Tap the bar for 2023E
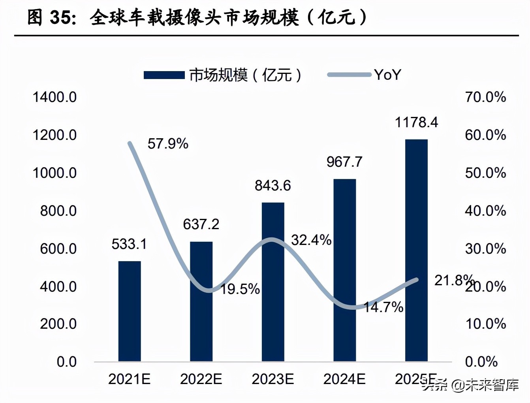click(x=273, y=282)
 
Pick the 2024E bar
click(x=344, y=270)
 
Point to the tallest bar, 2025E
click(x=416, y=250)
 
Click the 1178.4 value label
click(x=416, y=122)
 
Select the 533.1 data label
click(x=129, y=244)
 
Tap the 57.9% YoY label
click(x=168, y=144)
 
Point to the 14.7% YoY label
click(x=383, y=307)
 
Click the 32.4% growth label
click(x=311, y=240)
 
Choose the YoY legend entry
click(x=387, y=75)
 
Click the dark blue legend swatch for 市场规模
click(x=164, y=75)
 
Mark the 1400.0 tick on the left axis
click(x=55, y=97)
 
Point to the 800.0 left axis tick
click(x=58, y=211)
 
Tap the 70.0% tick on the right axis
click(x=485, y=97)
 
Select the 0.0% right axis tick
click(x=481, y=362)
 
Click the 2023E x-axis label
click(x=273, y=379)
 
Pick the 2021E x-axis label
click(x=130, y=379)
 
